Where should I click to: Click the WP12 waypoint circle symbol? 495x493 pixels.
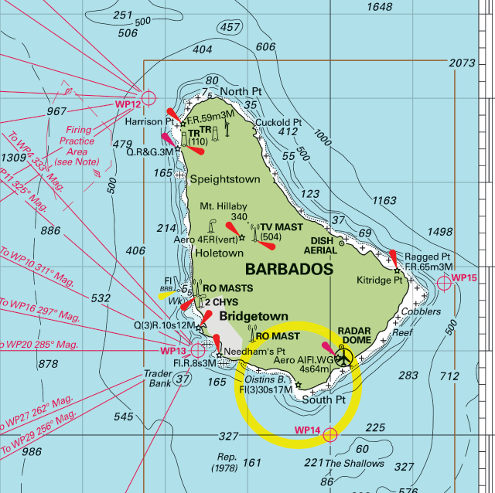[149, 97]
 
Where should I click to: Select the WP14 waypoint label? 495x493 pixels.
[307, 430]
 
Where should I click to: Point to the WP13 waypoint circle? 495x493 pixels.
[198, 351]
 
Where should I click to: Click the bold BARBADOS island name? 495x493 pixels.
[289, 270]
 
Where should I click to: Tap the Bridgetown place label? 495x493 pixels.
[253, 316]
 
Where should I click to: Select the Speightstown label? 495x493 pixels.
[225, 179]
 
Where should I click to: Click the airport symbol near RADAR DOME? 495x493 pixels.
[344, 356]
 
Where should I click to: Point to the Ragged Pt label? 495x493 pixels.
[427, 257]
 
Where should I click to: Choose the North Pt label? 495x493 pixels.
[241, 92]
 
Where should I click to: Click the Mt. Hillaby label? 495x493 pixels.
[224, 206]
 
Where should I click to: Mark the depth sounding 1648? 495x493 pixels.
[380, 7]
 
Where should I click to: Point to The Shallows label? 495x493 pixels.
[354, 463]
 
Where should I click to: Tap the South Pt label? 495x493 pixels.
[324, 399]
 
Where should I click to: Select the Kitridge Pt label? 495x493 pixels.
[380, 280]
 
